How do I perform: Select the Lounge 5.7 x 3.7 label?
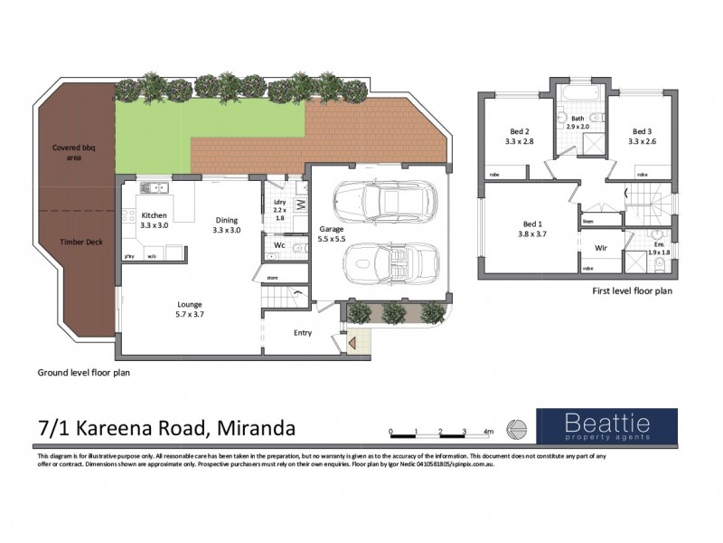tap(190, 310)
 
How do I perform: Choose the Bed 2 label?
tap(515, 137)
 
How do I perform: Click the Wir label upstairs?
tap(599, 247)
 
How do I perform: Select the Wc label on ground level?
tap(279, 244)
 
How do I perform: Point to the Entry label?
tap(303, 333)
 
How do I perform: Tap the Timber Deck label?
tap(79, 242)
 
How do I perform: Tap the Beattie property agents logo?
tap(606, 425)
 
